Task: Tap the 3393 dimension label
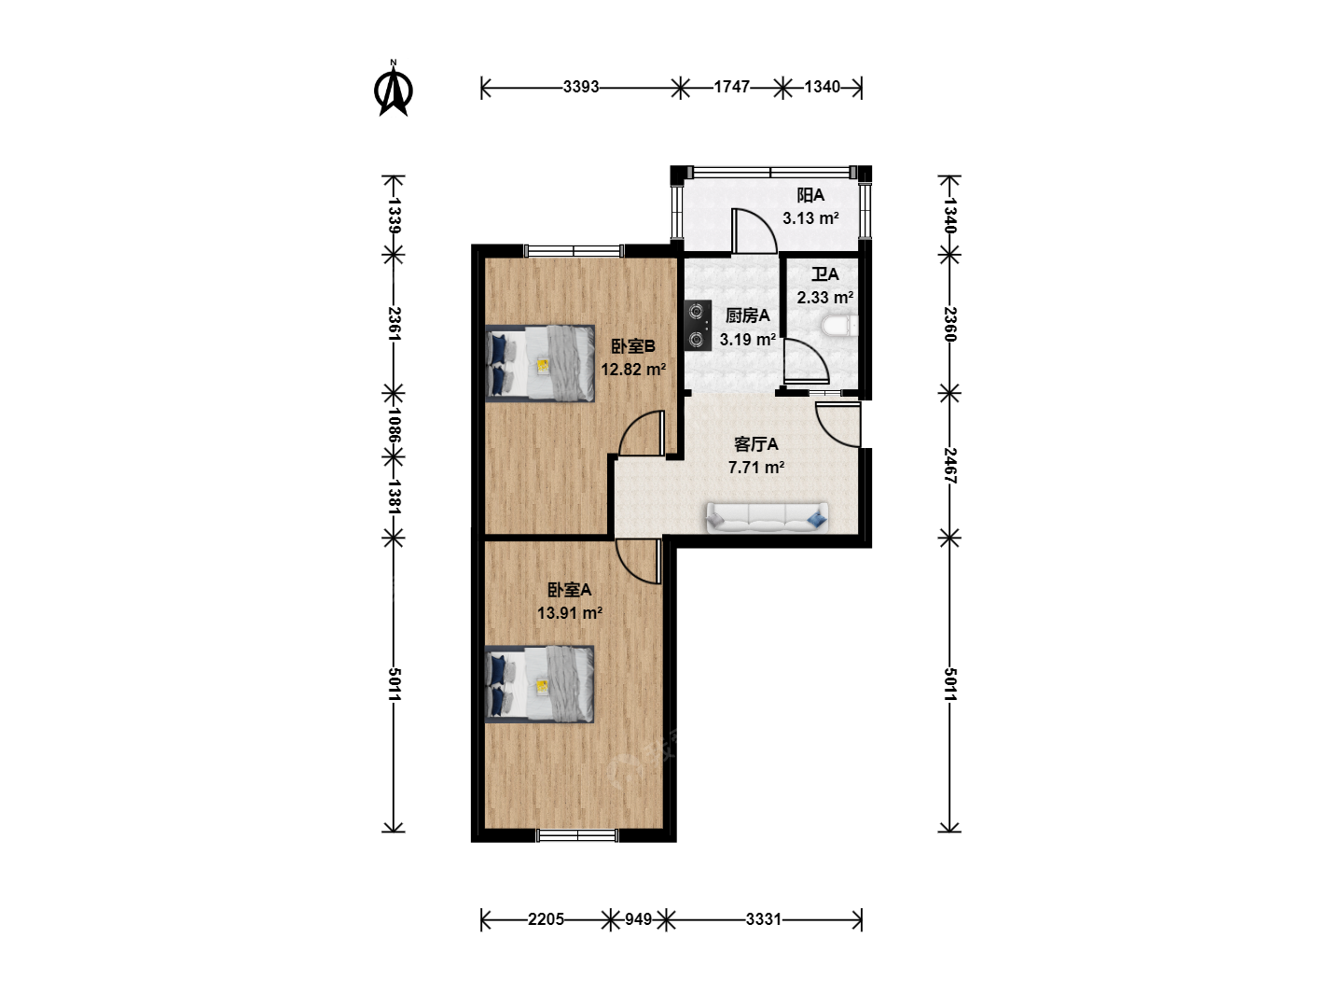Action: tap(581, 88)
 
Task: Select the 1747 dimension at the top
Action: tap(732, 88)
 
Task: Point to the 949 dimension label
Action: tap(638, 919)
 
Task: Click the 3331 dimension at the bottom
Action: tap(764, 919)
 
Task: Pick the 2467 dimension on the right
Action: tap(949, 466)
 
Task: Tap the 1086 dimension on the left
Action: tap(394, 426)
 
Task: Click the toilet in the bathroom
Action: tap(840, 326)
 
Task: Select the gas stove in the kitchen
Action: tap(698, 326)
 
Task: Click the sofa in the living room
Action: tap(768, 518)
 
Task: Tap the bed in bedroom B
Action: tap(540, 364)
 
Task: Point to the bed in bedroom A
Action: tap(539, 684)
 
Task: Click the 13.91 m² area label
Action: tap(570, 612)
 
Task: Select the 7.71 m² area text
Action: tap(756, 468)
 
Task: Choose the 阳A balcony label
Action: tap(810, 195)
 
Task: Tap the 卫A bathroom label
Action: tap(824, 274)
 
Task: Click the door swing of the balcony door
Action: tap(764, 219)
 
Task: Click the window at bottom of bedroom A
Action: tap(577, 834)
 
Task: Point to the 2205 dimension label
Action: tap(546, 919)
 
